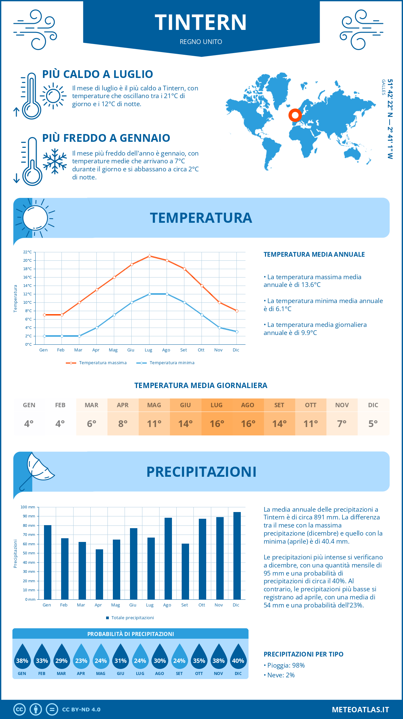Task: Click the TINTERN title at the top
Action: click(201, 23)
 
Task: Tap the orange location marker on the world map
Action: click(295, 115)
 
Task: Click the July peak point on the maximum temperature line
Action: click(149, 256)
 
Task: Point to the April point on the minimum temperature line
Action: click(97, 328)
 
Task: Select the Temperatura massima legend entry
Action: click(96, 363)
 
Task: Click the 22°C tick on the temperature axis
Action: click(28, 252)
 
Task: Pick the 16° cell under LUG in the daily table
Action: click(217, 424)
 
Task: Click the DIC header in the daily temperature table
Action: click(373, 405)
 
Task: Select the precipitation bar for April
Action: click(99, 574)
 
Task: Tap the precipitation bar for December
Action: click(237, 556)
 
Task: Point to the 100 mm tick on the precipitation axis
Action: click(28, 507)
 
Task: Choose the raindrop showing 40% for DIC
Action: click(238, 657)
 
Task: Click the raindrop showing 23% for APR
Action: click(81, 657)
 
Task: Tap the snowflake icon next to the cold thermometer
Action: click(55, 161)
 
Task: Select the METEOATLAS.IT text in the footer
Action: click(360, 710)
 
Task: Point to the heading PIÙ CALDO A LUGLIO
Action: click(97, 74)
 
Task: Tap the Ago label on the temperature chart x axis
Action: click(166, 350)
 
